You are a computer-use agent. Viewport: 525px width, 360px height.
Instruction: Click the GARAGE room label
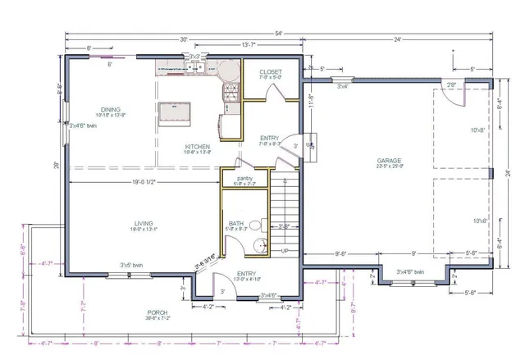click(x=390, y=160)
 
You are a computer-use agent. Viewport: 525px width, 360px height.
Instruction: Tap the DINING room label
click(x=111, y=109)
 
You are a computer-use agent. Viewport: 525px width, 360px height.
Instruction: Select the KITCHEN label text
click(x=198, y=147)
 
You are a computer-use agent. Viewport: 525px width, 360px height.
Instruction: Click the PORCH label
click(x=157, y=312)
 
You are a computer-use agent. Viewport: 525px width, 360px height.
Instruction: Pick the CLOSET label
click(x=271, y=72)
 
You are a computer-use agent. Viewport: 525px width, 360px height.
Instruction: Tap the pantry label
click(x=244, y=178)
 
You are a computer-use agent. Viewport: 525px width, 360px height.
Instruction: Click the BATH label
click(x=236, y=223)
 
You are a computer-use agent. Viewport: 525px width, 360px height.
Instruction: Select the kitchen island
click(x=174, y=112)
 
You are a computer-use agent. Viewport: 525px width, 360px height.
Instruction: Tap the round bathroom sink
click(x=261, y=244)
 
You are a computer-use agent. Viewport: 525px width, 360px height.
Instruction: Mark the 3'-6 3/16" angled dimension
click(x=205, y=261)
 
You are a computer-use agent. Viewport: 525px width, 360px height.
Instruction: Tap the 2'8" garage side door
click(x=451, y=85)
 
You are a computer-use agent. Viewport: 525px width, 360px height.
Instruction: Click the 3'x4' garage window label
click(x=341, y=86)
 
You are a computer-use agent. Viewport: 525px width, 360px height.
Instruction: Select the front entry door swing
click(x=223, y=287)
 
